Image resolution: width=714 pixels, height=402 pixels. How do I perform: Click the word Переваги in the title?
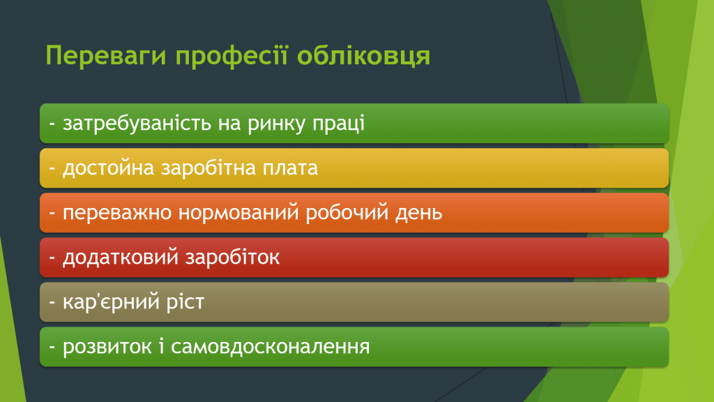click(106, 56)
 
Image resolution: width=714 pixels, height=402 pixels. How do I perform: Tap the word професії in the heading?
click(231, 56)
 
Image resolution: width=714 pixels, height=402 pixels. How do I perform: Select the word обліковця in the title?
click(364, 56)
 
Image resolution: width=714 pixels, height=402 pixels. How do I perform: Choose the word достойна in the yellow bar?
click(108, 168)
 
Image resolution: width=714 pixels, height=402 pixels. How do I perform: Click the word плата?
click(290, 168)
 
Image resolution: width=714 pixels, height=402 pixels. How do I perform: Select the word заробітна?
click(208, 167)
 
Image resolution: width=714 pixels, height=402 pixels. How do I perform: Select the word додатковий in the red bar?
click(120, 258)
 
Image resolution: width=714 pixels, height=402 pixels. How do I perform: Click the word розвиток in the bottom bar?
click(107, 347)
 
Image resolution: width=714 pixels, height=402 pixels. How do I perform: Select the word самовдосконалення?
click(271, 347)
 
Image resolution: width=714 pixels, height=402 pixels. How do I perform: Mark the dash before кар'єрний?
click(52, 303)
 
